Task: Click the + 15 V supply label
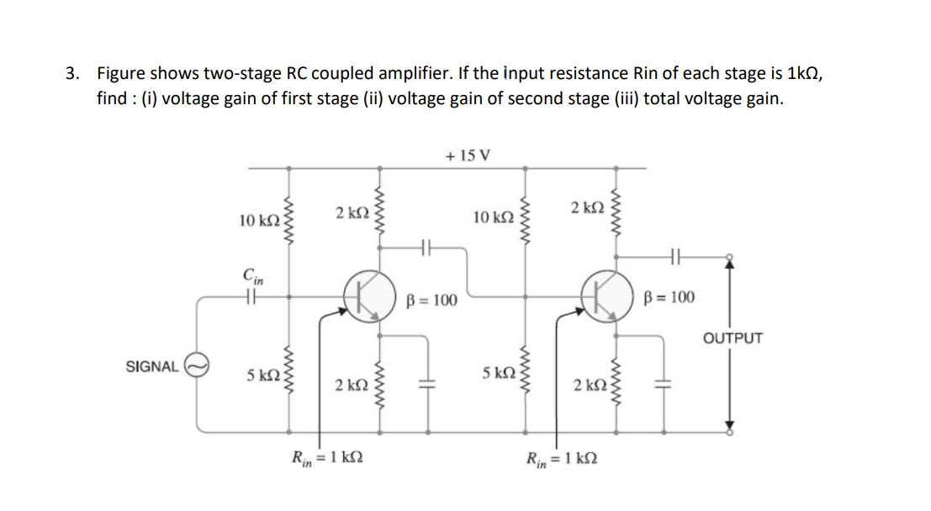pyautogui.click(x=468, y=155)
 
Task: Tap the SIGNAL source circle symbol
pyautogui.click(x=197, y=366)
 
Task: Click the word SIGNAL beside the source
pyautogui.click(x=151, y=366)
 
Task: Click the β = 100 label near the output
pyautogui.click(x=669, y=298)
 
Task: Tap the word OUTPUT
pyautogui.click(x=733, y=339)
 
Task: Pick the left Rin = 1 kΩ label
pyautogui.click(x=327, y=459)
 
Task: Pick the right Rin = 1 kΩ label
pyautogui.click(x=563, y=459)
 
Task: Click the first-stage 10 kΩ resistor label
pyautogui.click(x=258, y=220)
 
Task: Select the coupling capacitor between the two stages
pyautogui.click(x=426, y=248)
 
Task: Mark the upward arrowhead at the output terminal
pyautogui.click(x=729, y=264)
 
